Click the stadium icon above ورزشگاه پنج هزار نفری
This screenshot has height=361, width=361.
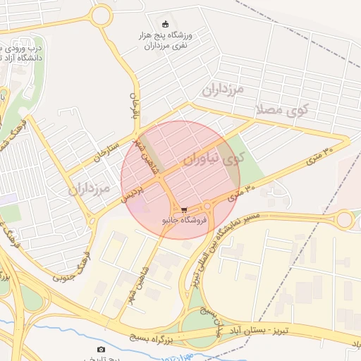[x=166, y=24]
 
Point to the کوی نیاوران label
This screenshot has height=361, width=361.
[x=212, y=159]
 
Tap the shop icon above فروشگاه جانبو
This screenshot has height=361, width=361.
[x=184, y=209]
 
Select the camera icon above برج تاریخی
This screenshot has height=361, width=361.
[x=101, y=349]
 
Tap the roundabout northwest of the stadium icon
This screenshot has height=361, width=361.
[x=102, y=15]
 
